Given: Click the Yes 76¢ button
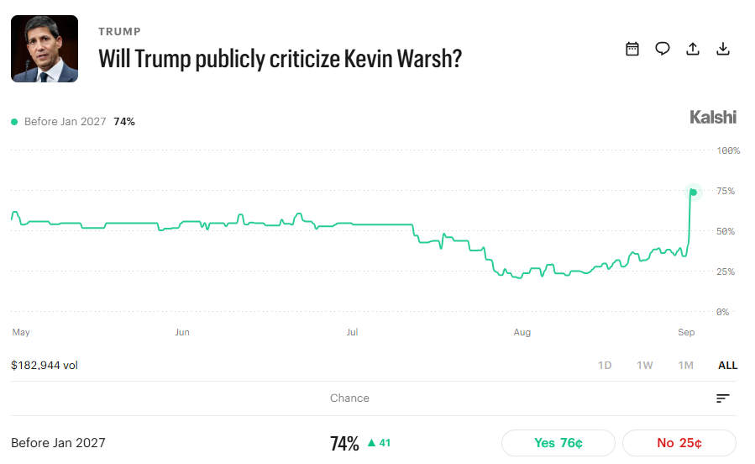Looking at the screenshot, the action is tap(558, 443).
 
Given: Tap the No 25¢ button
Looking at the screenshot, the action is tap(679, 443).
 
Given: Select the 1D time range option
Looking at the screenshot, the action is tap(605, 365).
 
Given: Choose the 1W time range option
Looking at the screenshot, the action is tap(645, 365).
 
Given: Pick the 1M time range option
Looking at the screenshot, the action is tap(685, 365).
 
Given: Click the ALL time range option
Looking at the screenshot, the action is tap(727, 365).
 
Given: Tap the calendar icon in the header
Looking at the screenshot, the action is tap(632, 49).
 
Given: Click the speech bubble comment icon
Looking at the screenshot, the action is tap(663, 49).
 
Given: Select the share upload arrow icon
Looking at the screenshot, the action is tap(693, 49).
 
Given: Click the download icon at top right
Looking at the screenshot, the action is tap(723, 49).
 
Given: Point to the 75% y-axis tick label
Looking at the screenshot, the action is tap(726, 191).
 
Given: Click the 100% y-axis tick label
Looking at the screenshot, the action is tap(728, 150).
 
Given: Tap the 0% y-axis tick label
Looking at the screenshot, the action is tap(722, 312).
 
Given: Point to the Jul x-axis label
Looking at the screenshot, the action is tap(352, 332).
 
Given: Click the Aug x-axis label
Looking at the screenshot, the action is tap(522, 332).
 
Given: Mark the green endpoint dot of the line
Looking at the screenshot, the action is tap(694, 192).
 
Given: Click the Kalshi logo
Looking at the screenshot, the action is tap(713, 117).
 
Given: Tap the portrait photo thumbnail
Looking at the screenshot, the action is tap(45, 49).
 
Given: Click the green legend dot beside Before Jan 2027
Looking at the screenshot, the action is tap(14, 122).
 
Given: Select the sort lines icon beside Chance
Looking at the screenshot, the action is tap(723, 398).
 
